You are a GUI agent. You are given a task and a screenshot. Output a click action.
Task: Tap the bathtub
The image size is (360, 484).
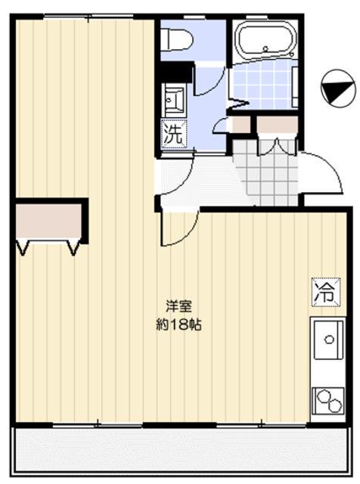pos(264,42)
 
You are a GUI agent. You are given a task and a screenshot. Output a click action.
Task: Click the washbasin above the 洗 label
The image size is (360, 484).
pos(174,100)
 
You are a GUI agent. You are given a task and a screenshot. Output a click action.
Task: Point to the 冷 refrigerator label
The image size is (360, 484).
pos(323,292)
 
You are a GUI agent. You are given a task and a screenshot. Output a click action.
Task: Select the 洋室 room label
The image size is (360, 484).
pos(179,307)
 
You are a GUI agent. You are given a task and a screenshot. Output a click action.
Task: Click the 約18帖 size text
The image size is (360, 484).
pos(179,326)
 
